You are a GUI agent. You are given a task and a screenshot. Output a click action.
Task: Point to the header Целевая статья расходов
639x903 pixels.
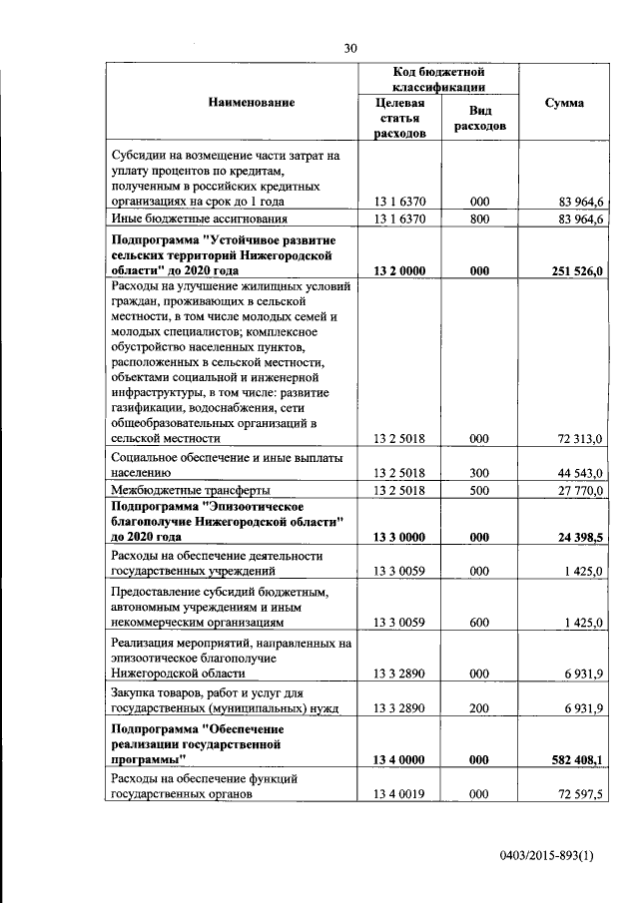(x=399, y=118)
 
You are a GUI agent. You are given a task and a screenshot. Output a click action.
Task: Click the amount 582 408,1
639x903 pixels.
(x=576, y=759)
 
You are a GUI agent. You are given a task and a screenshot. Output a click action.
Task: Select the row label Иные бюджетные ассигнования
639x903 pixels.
(x=199, y=219)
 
